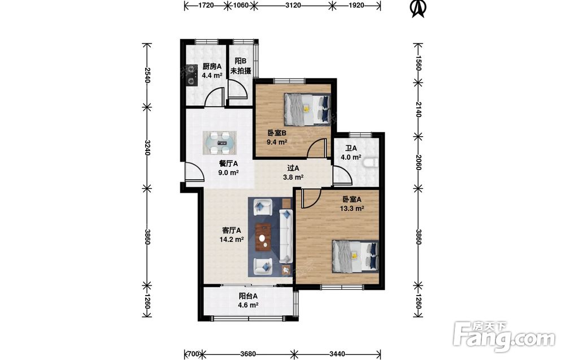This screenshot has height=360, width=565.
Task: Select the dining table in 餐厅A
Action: coord(219,143)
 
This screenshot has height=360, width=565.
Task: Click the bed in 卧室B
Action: coord(307,110)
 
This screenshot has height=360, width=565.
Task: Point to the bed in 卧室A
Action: coord(355,256)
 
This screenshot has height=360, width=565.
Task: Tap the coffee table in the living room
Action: coord(263,237)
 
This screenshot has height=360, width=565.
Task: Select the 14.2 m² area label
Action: coord(232,239)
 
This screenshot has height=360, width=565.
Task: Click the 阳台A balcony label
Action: coord(248,296)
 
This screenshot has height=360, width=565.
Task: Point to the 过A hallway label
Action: coord(293,168)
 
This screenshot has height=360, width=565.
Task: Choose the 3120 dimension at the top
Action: coord(293,5)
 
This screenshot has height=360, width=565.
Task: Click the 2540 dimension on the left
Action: coord(147,75)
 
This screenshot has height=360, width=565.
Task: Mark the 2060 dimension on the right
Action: coord(418,162)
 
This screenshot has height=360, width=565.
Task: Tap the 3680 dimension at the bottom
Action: coord(248,354)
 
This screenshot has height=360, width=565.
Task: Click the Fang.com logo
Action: coord(504,336)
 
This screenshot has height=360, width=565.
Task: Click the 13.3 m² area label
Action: coord(352,209)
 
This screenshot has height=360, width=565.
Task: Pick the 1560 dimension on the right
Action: coord(418,63)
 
